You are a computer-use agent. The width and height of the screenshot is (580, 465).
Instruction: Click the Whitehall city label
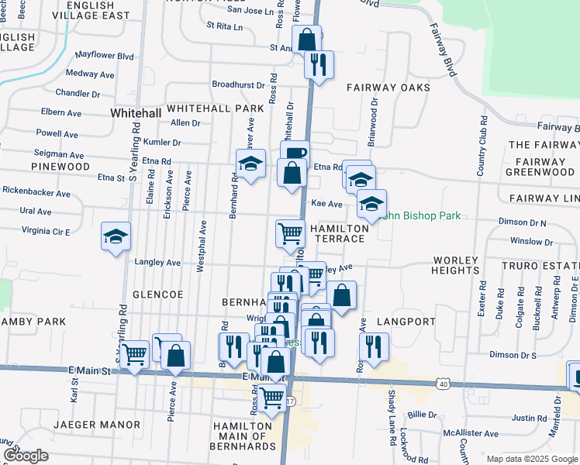coord(136,113)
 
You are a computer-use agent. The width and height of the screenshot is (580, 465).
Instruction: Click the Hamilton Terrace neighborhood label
coord(338,233)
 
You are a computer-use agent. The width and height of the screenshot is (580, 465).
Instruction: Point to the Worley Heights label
coord(456,265)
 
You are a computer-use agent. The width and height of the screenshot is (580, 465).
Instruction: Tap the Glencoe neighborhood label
coord(157,295)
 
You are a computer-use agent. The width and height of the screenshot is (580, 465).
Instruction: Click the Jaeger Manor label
coord(98,425)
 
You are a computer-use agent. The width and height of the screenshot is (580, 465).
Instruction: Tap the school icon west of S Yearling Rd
coord(116,236)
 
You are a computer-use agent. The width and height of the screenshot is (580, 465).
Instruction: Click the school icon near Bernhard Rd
coord(250,163)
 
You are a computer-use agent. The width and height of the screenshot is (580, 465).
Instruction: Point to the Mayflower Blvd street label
coord(105,56)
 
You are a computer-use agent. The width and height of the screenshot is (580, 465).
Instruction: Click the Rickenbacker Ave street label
coord(31,190)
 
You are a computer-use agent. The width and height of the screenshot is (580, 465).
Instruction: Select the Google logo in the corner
coord(25,456)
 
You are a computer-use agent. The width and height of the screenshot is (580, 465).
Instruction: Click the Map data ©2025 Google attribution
coord(531,458)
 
